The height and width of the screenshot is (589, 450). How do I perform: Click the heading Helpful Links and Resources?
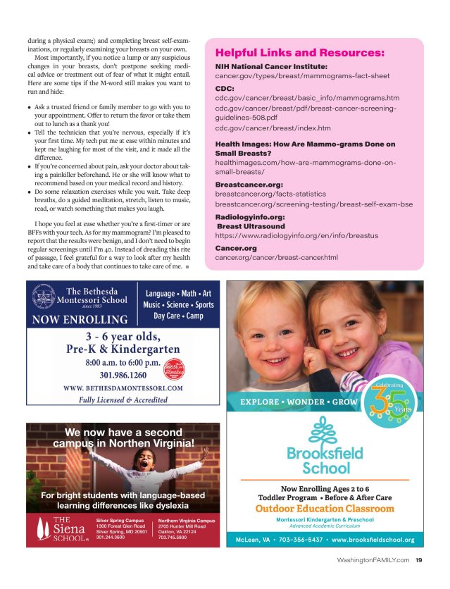300,53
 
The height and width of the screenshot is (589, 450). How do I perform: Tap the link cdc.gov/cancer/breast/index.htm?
273,128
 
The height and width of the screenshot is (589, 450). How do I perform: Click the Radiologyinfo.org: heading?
249,217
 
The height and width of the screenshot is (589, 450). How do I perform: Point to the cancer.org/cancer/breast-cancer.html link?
276,257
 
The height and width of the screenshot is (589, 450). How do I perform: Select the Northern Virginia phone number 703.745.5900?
172,537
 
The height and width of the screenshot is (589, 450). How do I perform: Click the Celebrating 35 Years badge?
389,402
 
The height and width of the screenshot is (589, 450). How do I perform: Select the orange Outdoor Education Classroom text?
325,509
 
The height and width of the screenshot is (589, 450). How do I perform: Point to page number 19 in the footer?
419,561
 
